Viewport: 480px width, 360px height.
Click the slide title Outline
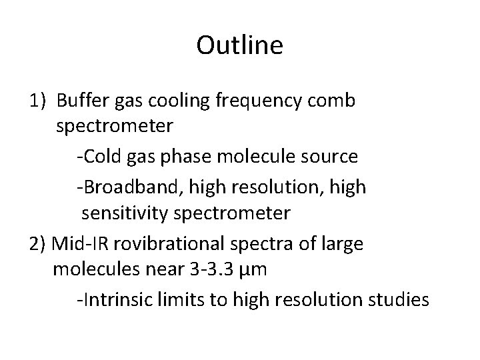tap(240, 45)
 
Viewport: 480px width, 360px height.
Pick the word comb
tap(337, 101)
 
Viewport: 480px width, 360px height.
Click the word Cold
tap(101, 157)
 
